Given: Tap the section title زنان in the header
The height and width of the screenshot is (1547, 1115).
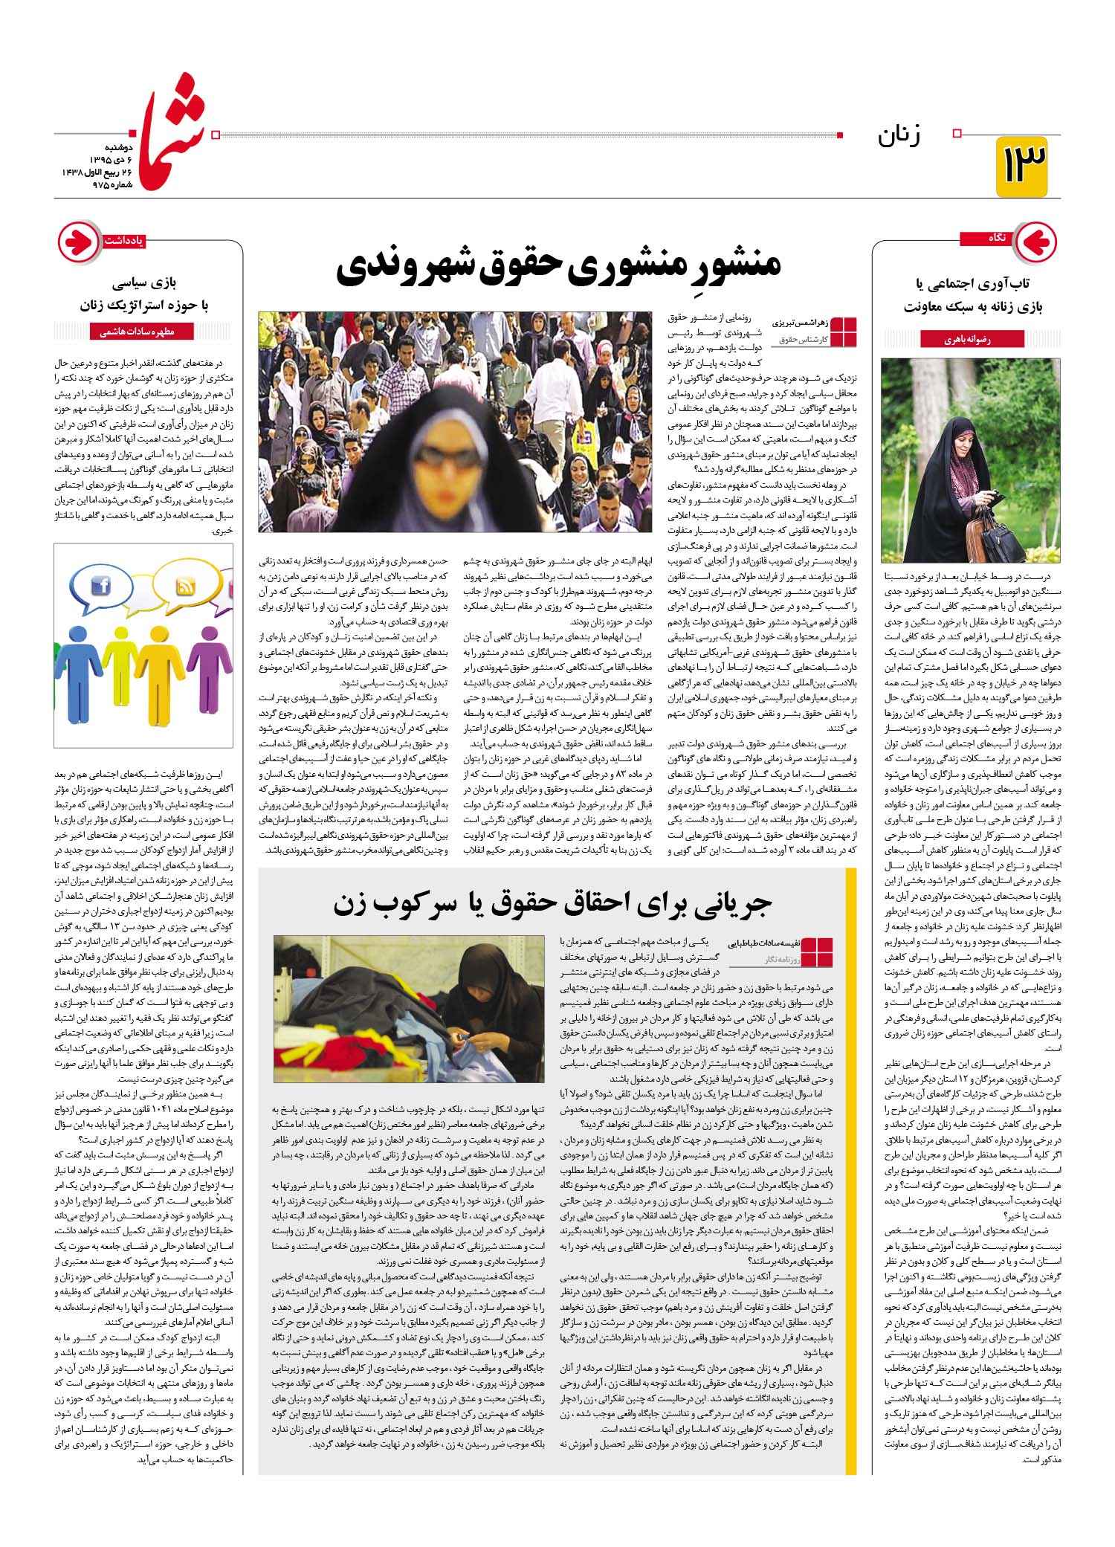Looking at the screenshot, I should click(x=899, y=136).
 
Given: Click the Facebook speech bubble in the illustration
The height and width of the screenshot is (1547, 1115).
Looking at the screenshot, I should click(x=101, y=587).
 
